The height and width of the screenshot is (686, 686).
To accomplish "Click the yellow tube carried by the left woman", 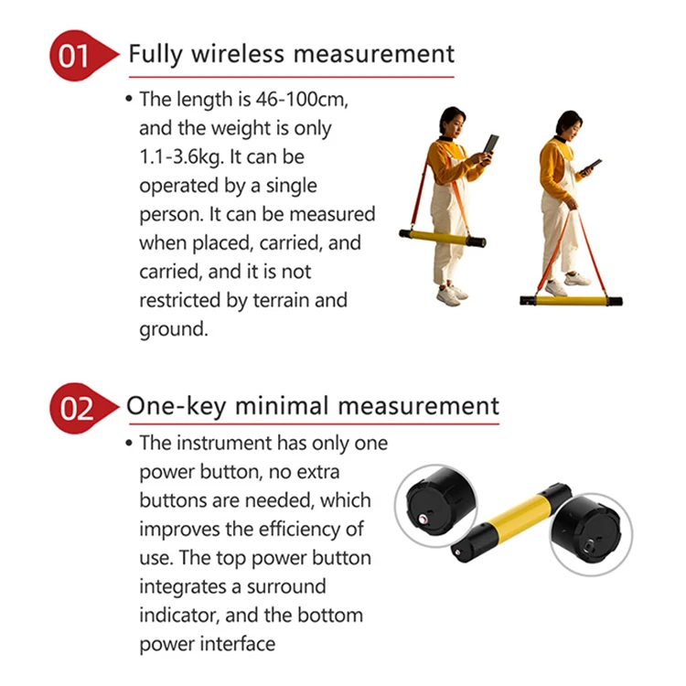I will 438,236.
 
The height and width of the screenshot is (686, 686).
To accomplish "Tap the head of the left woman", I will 452,120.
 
